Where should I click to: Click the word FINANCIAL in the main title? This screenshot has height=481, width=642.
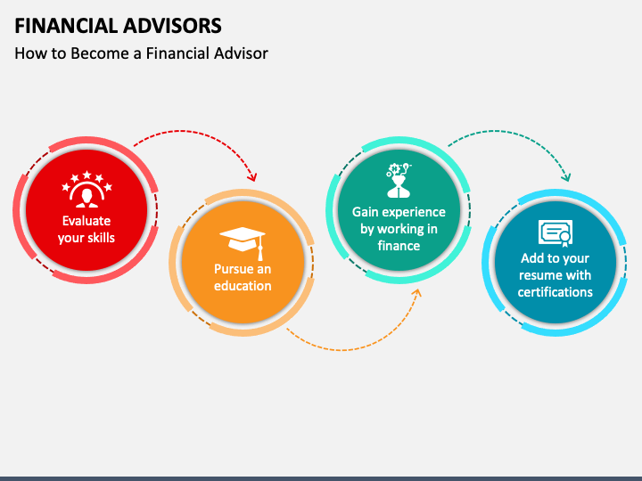tap(63, 25)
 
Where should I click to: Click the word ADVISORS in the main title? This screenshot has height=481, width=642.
tap(169, 25)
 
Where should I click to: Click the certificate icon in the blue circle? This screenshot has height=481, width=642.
tap(555, 232)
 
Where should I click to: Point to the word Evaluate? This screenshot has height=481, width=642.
tap(86, 221)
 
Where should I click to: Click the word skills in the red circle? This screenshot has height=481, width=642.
tap(99, 238)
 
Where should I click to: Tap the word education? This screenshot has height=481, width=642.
tap(243, 286)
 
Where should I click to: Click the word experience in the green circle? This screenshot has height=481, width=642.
tap(414, 212)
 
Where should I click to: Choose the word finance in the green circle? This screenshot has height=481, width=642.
tap(399, 246)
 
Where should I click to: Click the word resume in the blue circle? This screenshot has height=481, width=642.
tap(540, 275)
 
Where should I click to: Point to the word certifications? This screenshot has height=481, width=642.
tap(556, 292)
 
